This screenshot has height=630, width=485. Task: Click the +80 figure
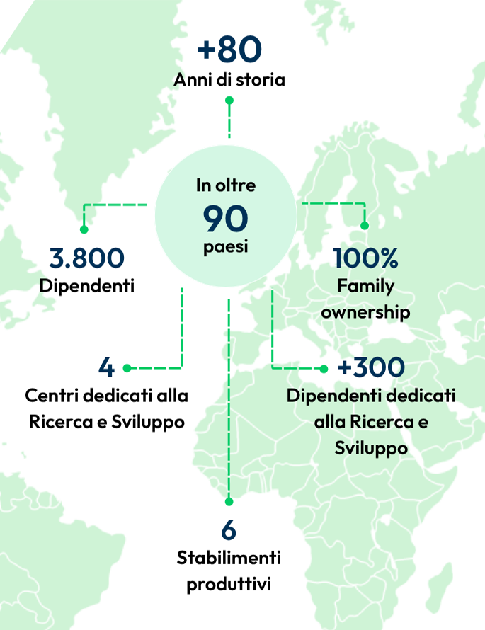click(229, 50)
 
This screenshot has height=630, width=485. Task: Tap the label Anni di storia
click(229, 79)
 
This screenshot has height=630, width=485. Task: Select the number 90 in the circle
click(226, 219)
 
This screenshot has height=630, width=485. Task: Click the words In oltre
click(226, 186)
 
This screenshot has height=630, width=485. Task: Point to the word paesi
click(226, 249)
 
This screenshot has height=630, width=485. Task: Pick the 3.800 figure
click(86, 258)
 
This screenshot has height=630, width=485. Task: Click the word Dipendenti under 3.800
click(87, 286)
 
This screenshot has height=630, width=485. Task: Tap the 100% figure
click(365, 258)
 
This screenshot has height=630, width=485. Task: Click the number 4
click(106, 368)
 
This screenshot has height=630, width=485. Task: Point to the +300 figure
click(371, 367)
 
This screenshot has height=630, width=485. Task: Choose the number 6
click(228, 530)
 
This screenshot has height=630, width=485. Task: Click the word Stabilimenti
click(229, 558)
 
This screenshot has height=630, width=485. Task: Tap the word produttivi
click(229, 584)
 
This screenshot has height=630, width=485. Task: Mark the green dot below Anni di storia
click(229, 101)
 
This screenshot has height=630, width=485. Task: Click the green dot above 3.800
click(84, 229)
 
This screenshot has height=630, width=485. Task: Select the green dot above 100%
click(365, 226)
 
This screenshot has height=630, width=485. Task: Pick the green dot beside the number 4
click(127, 368)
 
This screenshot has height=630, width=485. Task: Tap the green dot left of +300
click(324, 368)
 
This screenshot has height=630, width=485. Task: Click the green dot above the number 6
click(229, 501)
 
